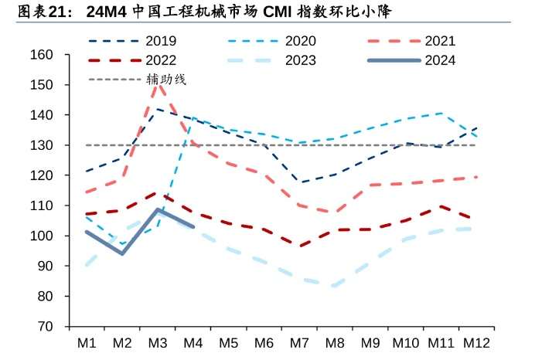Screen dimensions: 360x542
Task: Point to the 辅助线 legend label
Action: tap(166, 79)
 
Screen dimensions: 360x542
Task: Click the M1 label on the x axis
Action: tap(86, 341)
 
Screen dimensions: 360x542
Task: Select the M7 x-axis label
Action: tap(299, 341)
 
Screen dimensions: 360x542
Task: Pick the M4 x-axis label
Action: tap(193, 341)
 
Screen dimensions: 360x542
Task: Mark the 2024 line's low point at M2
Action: tap(122, 253)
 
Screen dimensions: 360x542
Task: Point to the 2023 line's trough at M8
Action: tap(335, 285)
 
